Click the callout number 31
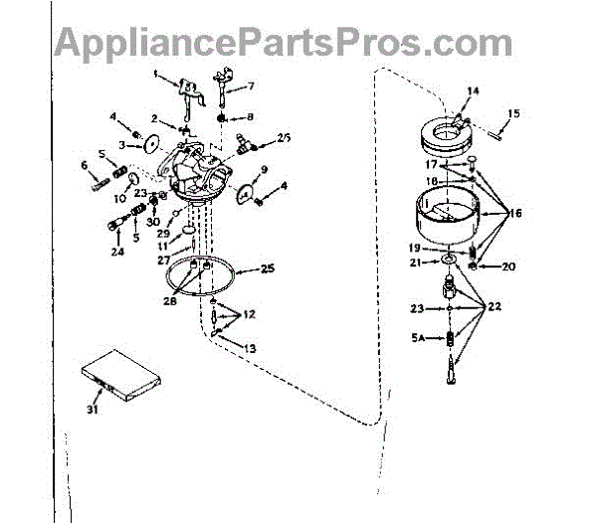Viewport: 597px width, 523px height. pos(92,409)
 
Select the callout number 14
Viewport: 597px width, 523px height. pos(473,91)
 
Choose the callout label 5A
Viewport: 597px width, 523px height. pos(419,338)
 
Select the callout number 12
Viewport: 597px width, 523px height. pos(249,314)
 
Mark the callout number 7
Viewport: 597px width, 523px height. pos(250,86)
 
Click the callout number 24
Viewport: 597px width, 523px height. pos(118,252)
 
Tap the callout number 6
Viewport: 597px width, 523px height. pos(85,166)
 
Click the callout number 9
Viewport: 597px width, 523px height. pos(265,170)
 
